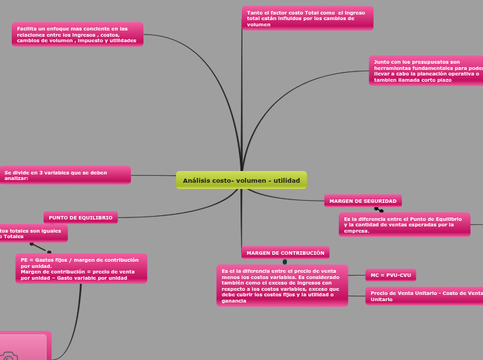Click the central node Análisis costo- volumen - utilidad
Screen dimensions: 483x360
tap(241, 180)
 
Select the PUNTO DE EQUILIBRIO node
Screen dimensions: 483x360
tap(80, 217)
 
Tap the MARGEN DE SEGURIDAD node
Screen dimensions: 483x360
tap(362, 201)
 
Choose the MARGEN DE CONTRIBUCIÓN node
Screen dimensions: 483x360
tap(285, 253)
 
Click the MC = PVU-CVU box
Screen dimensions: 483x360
tap(390, 275)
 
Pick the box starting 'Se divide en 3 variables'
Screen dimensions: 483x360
tap(65, 175)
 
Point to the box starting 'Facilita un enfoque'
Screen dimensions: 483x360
tap(77, 35)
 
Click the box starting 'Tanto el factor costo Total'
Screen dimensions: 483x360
tap(307, 19)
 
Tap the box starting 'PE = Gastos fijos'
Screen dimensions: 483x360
tap(81, 269)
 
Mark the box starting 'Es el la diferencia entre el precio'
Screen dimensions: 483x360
tap(281, 285)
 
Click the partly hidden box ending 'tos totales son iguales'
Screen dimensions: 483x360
tap(33, 233)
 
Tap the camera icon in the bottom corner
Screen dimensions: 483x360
tap(8, 355)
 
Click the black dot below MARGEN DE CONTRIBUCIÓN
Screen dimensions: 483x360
tap(285, 262)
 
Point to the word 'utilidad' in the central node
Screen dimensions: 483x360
tap(286, 181)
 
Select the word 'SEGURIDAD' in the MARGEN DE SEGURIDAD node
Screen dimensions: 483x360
tap(380, 201)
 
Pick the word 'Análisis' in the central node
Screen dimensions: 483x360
tap(196, 181)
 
